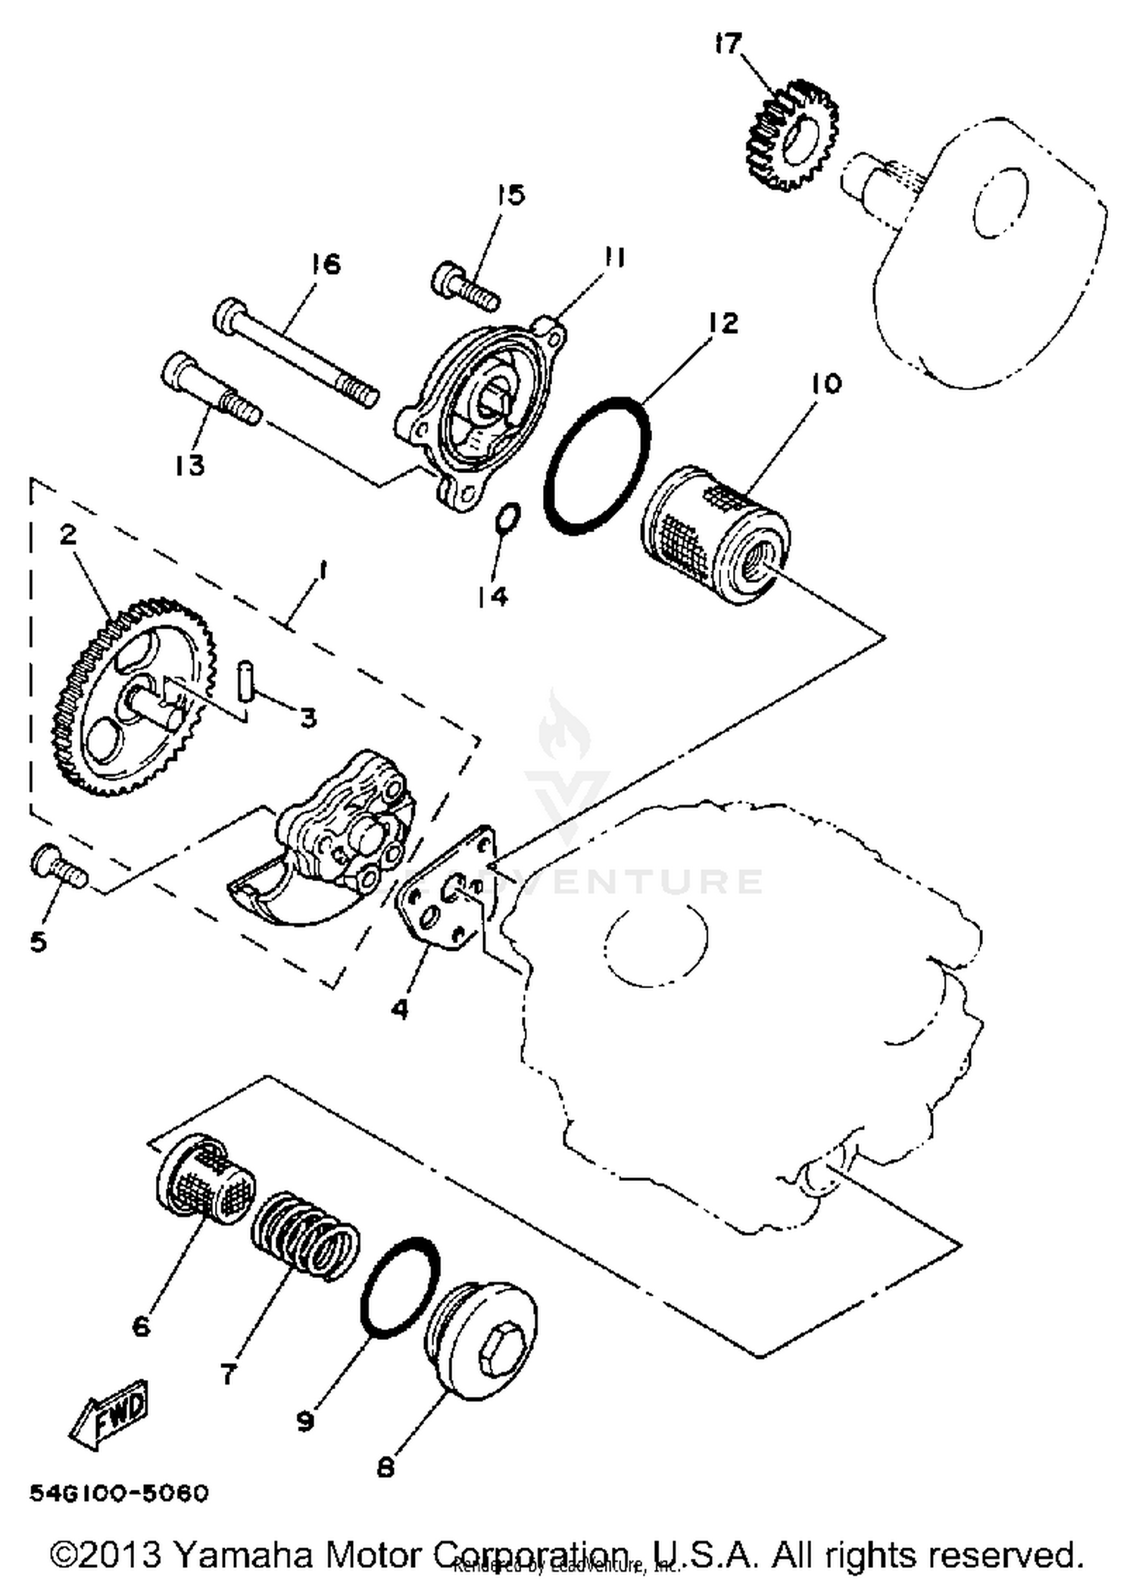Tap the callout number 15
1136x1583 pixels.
pyautogui.click(x=511, y=195)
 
